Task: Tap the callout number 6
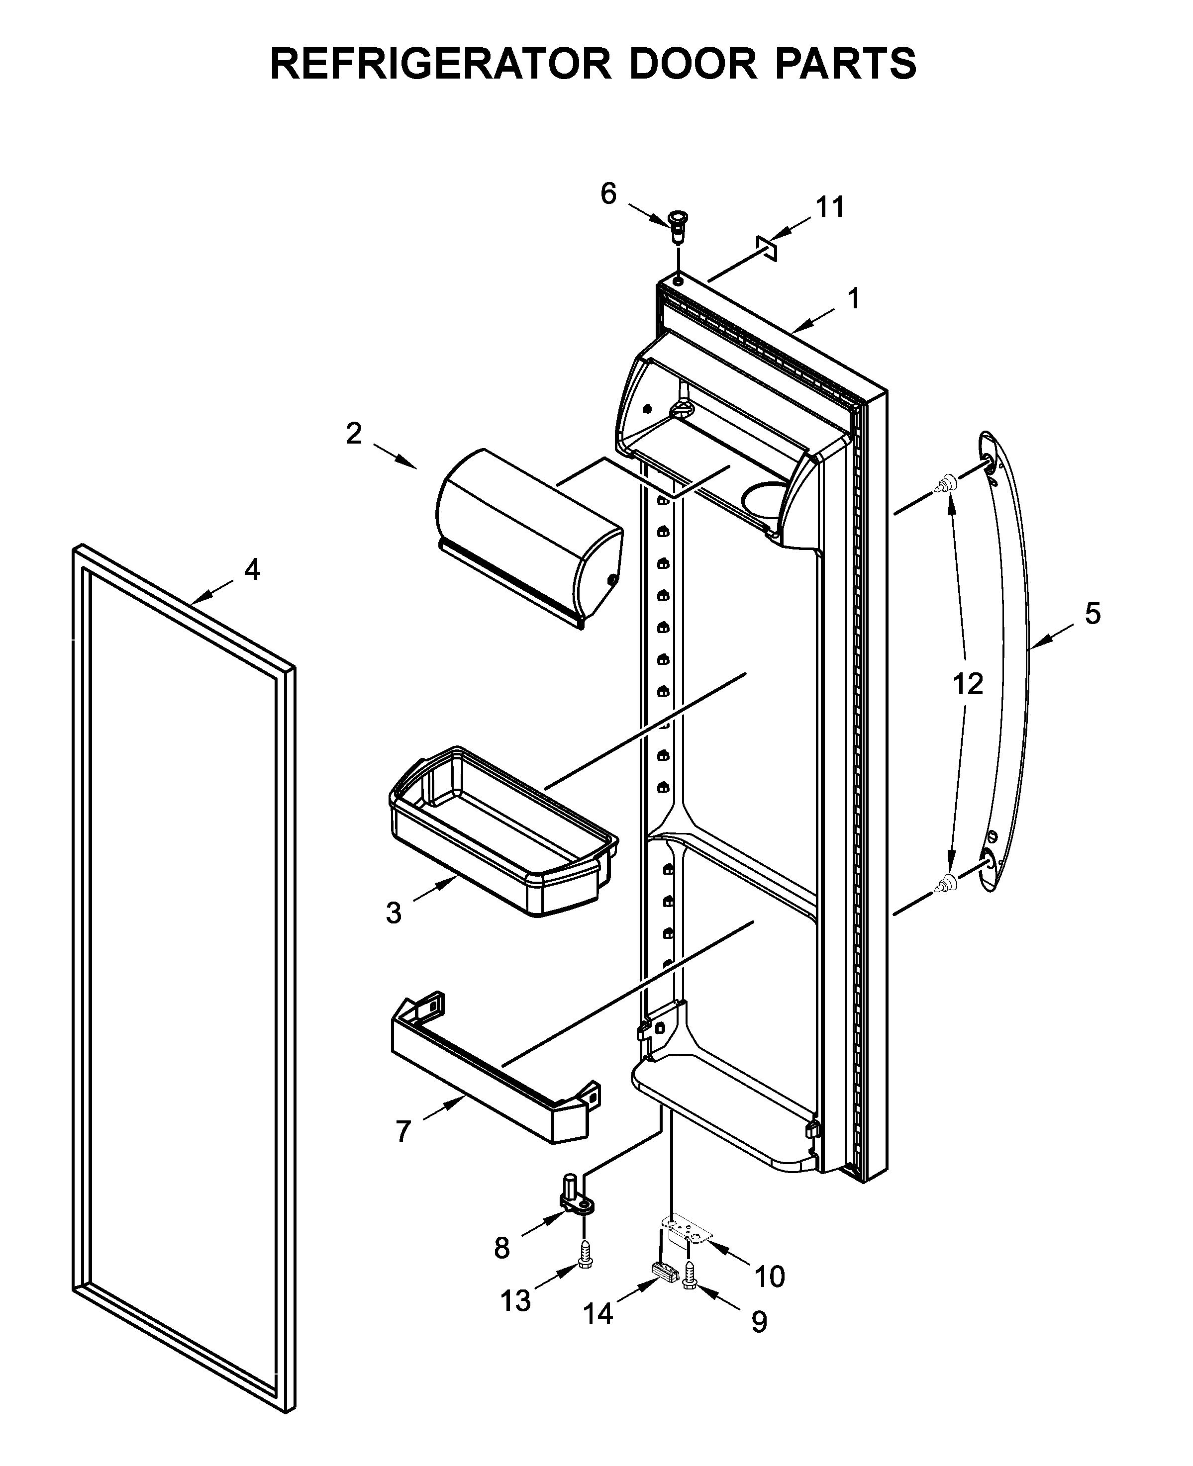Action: tap(608, 194)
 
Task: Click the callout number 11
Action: tap(829, 207)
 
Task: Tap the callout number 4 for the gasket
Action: tap(252, 569)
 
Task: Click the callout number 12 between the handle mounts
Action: tap(968, 684)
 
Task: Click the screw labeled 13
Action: tap(586, 1256)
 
